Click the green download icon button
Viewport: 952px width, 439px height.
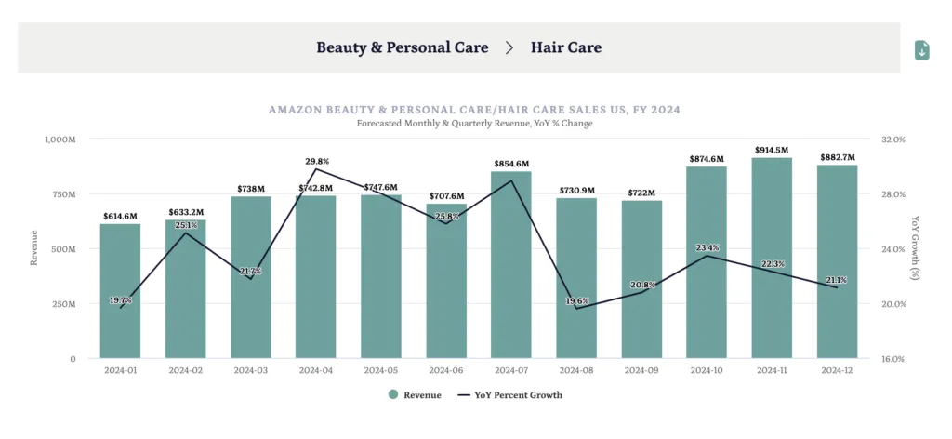(x=921, y=49)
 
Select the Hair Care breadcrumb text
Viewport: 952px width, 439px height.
(x=565, y=47)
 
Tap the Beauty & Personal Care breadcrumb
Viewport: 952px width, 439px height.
(x=402, y=47)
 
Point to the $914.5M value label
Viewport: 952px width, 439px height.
(x=772, y=151)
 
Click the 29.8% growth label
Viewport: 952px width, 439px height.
(x=317, y=161)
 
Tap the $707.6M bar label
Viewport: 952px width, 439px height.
(x=446, y=196)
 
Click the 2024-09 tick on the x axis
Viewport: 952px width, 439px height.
(x=641, y=370)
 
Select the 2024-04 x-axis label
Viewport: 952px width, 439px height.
(x=316, y=370)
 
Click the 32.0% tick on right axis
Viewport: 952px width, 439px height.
(x=892, y=140)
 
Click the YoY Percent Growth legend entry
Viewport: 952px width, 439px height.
(x=510, y=394)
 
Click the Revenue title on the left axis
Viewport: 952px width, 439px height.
(x=34, y=248)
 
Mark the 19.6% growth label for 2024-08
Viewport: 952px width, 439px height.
(x=577, y=301)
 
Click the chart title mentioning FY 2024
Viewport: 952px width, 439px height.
(x=474, y=110)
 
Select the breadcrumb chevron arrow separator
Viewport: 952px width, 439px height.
(x=509, y=47)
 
